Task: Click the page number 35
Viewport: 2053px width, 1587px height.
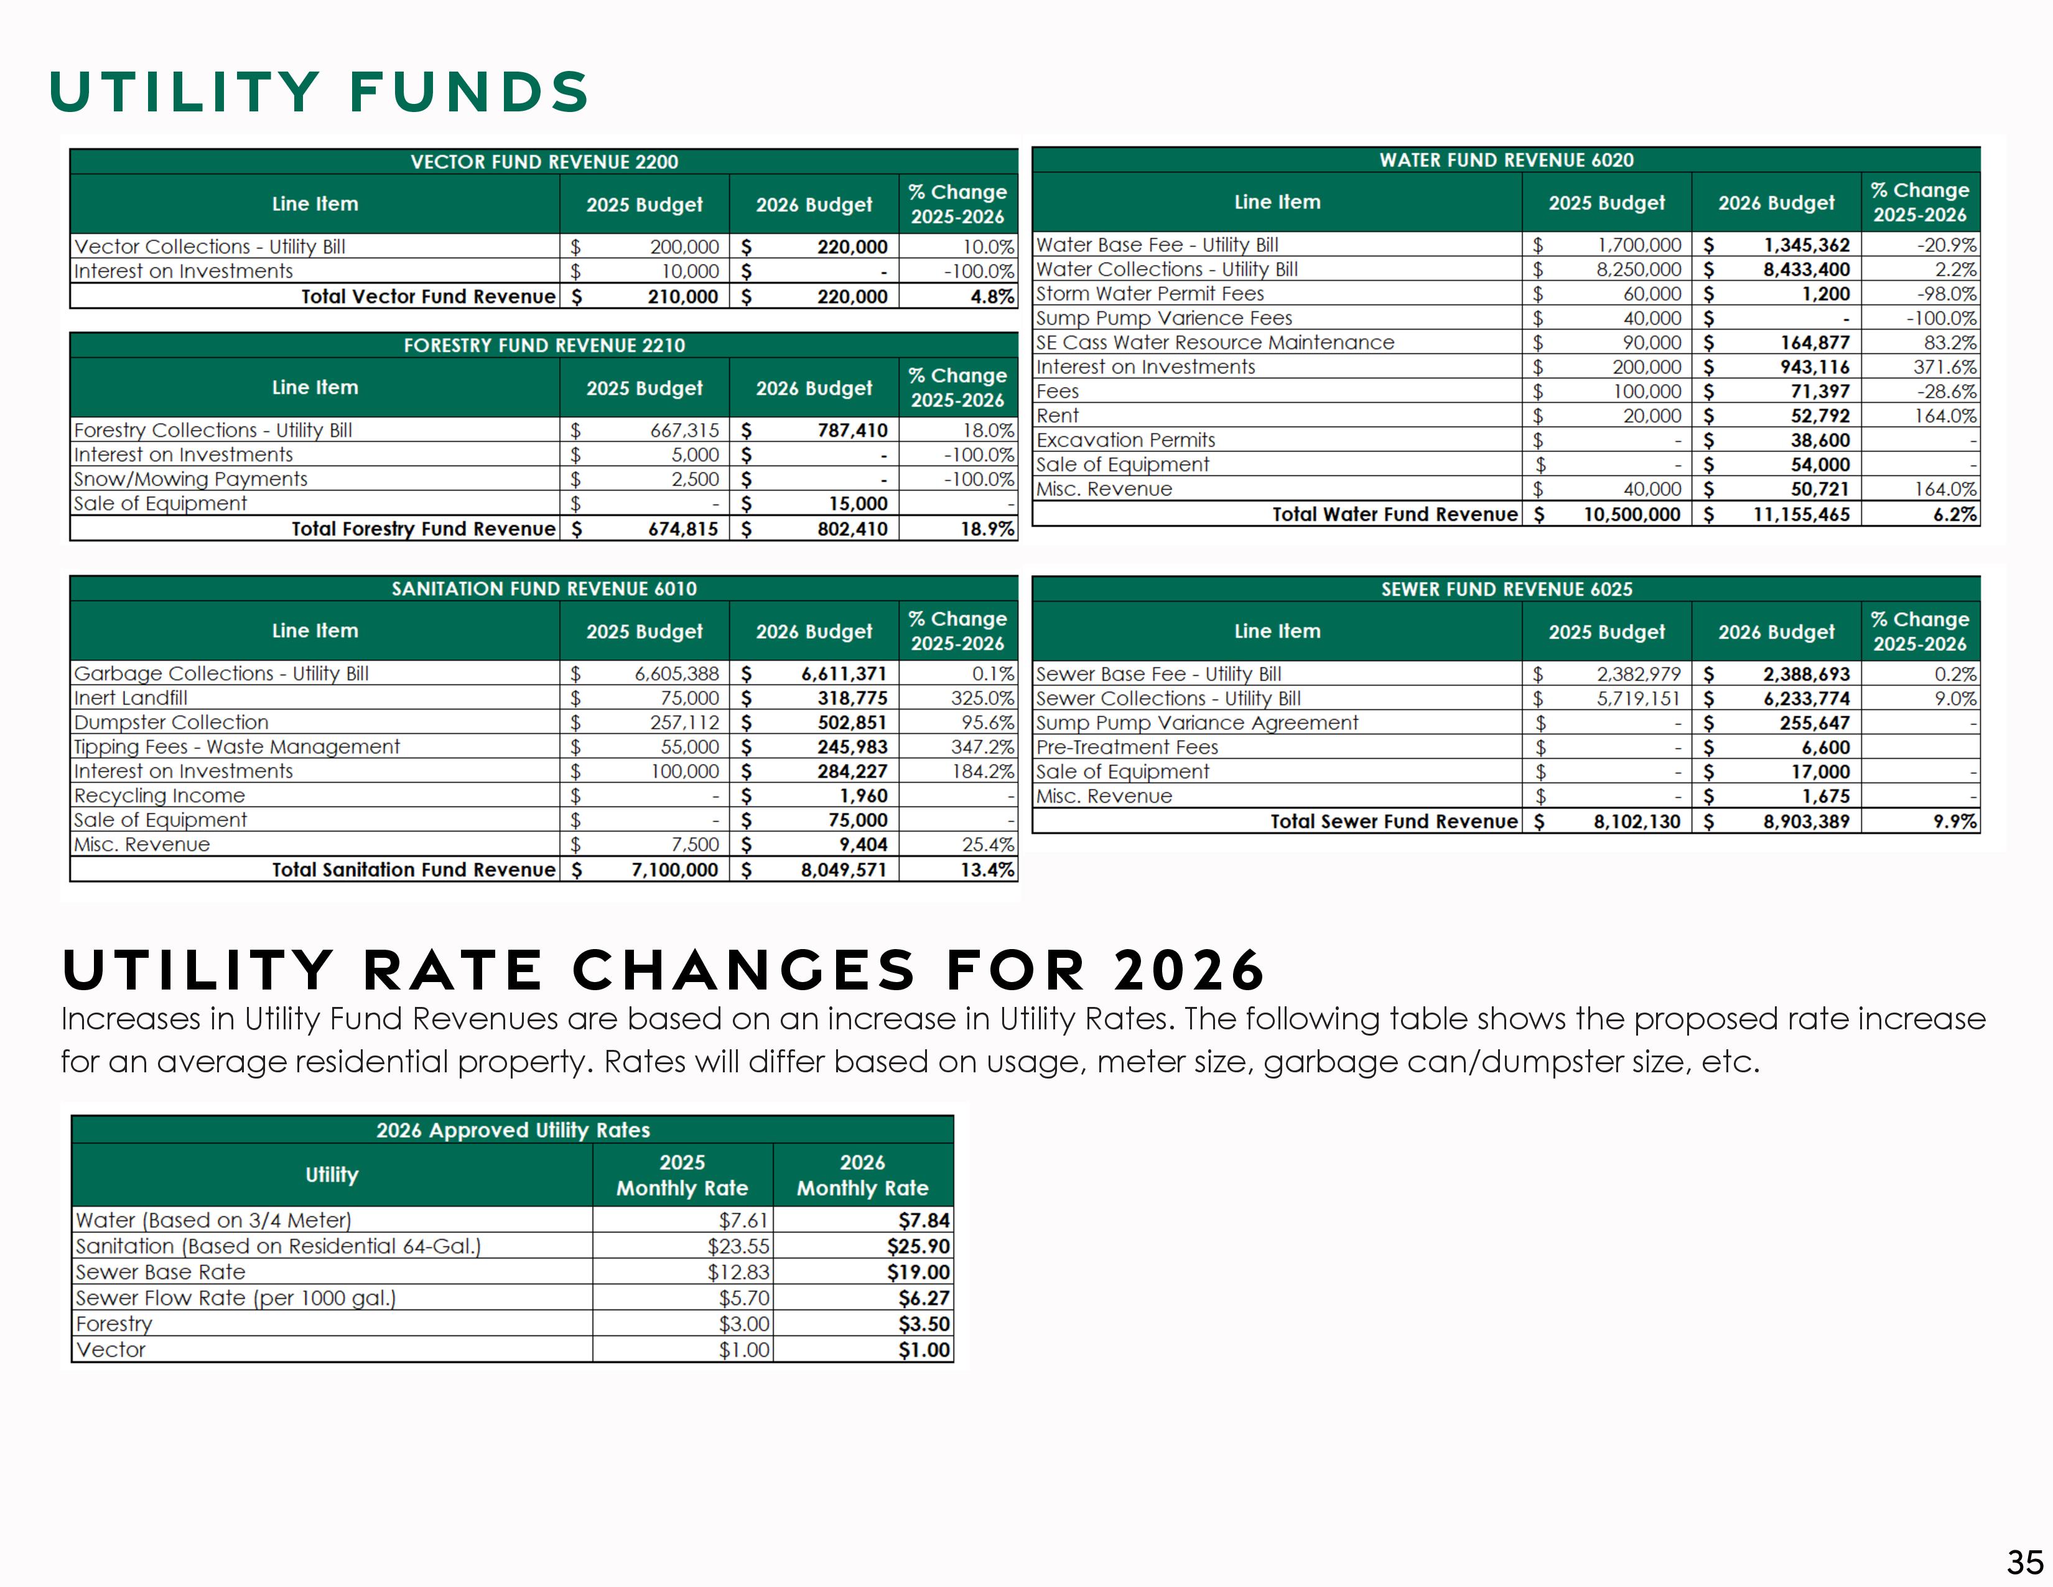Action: [2025, 1563]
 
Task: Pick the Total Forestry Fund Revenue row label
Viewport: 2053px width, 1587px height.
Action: [423, 528]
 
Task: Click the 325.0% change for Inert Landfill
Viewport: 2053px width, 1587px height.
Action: [982, 698]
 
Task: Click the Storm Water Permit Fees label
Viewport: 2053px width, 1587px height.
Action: [1150, 293]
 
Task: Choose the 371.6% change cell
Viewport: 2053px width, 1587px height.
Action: [1944, 367]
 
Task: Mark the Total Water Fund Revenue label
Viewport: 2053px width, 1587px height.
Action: [1394, 514]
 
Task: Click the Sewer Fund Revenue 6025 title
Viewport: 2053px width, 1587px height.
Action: [1506, 589]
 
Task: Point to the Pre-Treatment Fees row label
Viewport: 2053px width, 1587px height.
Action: [1127, 747]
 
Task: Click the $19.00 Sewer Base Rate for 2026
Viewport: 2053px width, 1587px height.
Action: [918, 1272]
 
